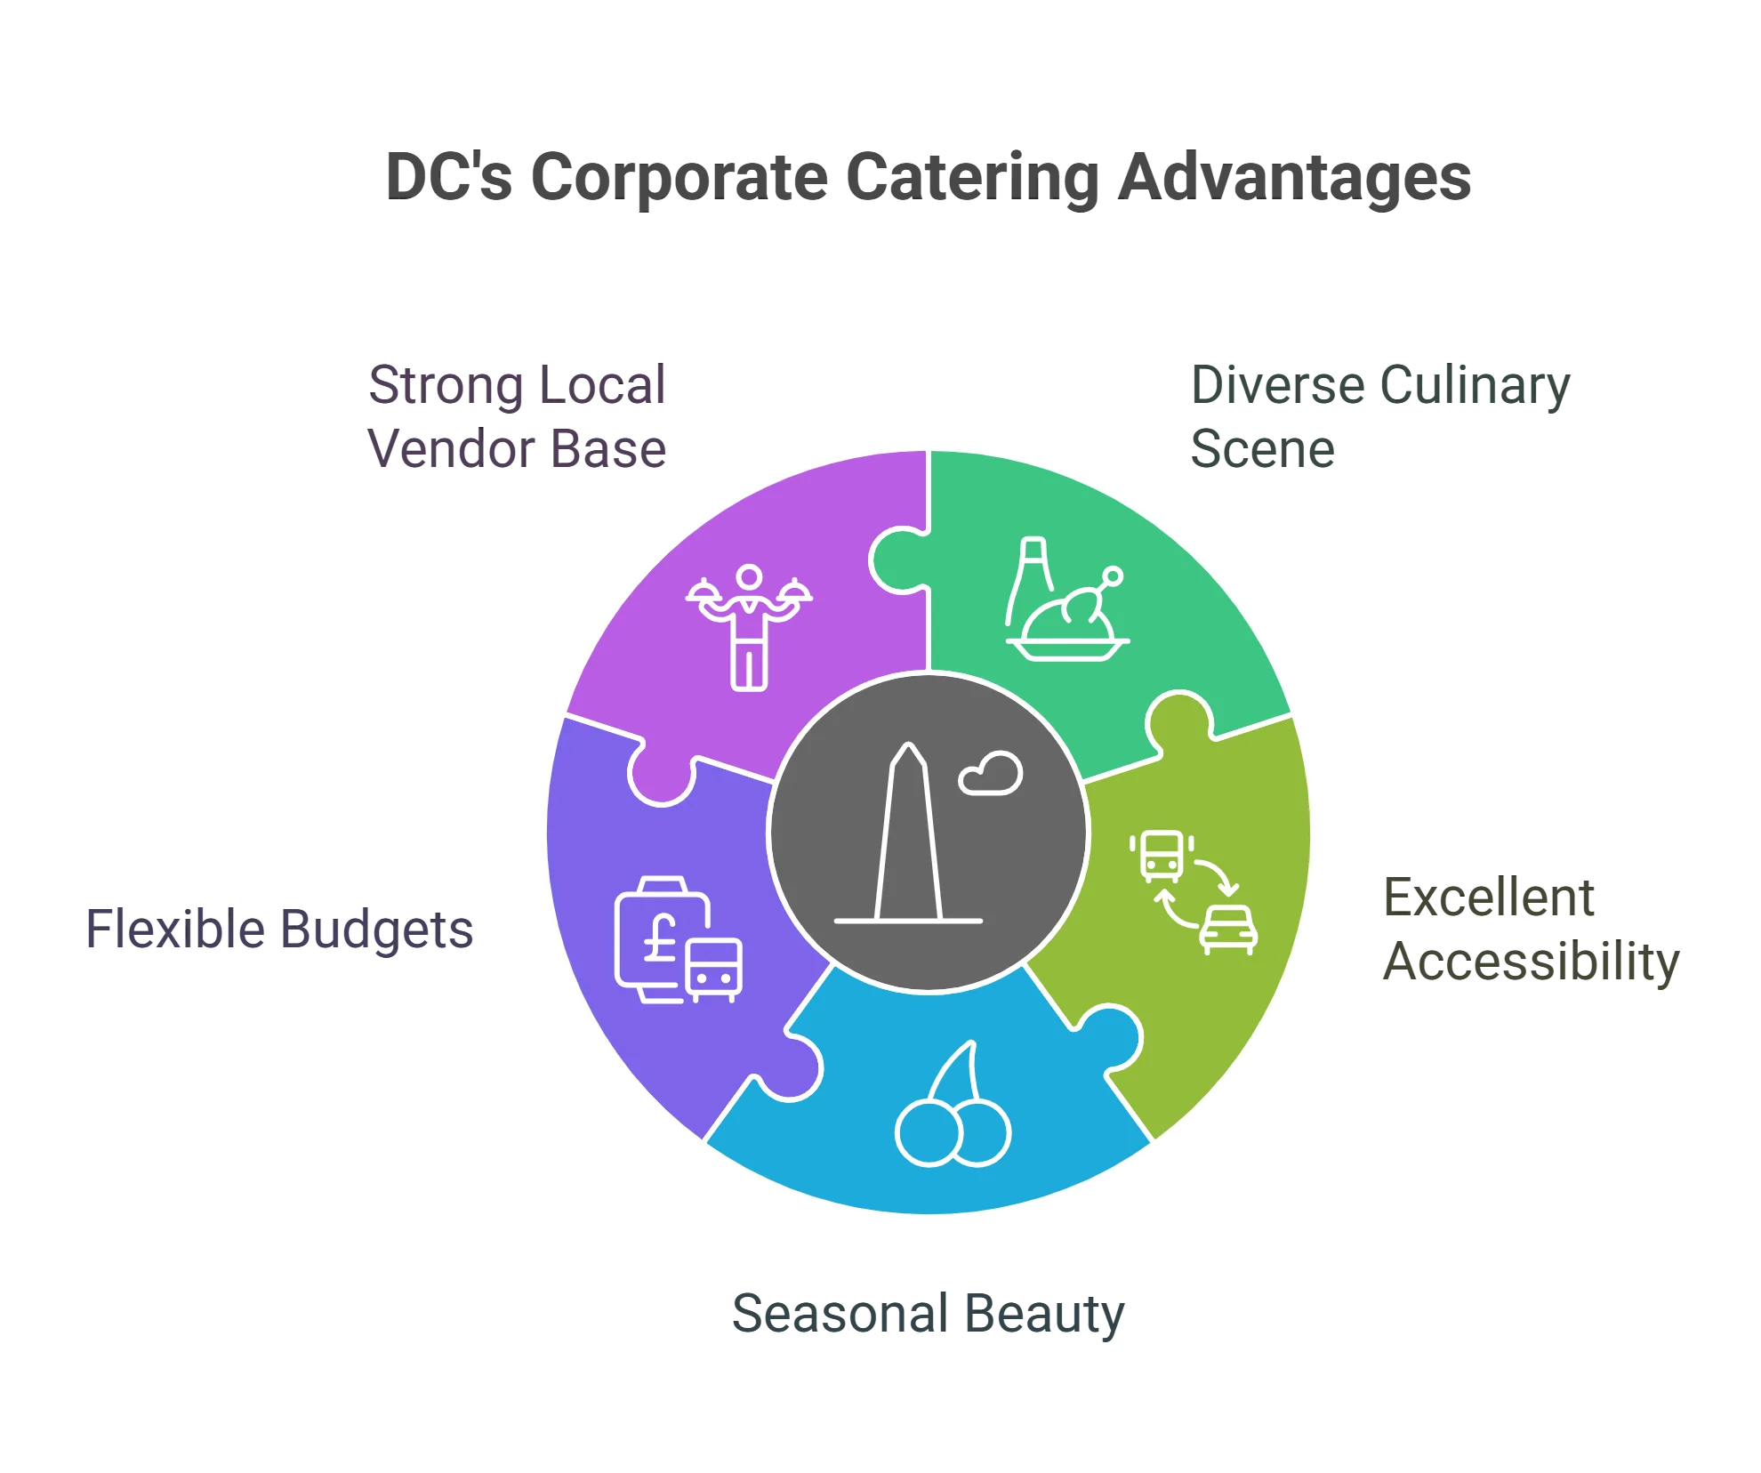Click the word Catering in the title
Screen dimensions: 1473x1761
pyautogui.click(x=971, y=178)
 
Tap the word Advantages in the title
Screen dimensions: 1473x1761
pyautogui.click(x=1293, y=178)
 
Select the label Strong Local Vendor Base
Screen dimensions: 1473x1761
pyautogui.click(x=518, y=416)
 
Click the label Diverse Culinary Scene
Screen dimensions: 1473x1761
pyautogui.click(x=1379, y=416)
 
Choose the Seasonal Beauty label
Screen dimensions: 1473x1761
pyautogui.click(x=929, y=1315)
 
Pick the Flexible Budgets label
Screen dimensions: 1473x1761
pyautogui.click(x=280, y=930)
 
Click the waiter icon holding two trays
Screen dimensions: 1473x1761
pyautogui.click(x=749, y=626)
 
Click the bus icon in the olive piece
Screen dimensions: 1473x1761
pyautogui.click(x=1162, y=855)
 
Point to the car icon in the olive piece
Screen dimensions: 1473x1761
pyautogui.click(x=1228, y=929)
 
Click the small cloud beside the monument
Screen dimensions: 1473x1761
pyautogui.click(x=991, y=774)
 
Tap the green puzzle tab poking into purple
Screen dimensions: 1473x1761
pyautogui.click(x=898, y=560)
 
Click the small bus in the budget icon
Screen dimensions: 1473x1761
pyautogui.click(x=713, y=969)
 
